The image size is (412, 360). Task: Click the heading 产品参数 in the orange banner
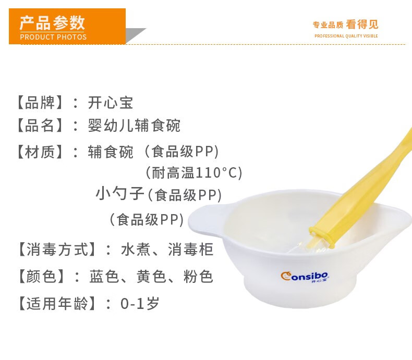point(52,22)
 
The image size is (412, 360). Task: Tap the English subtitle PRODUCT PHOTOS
point(53,37)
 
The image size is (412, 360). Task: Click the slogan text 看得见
point(362,24)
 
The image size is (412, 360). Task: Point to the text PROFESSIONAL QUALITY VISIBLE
point(346,36)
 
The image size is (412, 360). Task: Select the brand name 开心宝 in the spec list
point(111,103)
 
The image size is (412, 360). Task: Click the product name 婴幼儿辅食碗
point(134,126)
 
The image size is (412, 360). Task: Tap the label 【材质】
point(40,152)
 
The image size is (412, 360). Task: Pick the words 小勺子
point(120,194)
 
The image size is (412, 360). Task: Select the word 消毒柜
point(190,249)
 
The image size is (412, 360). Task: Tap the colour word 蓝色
point(104,277)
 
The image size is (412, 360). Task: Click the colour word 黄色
point(151,277)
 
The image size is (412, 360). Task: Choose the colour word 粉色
point(198,277)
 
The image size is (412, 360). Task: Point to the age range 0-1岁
point(140,304)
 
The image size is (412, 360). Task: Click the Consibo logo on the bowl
point(305,277)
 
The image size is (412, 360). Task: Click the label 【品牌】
point(40,103)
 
